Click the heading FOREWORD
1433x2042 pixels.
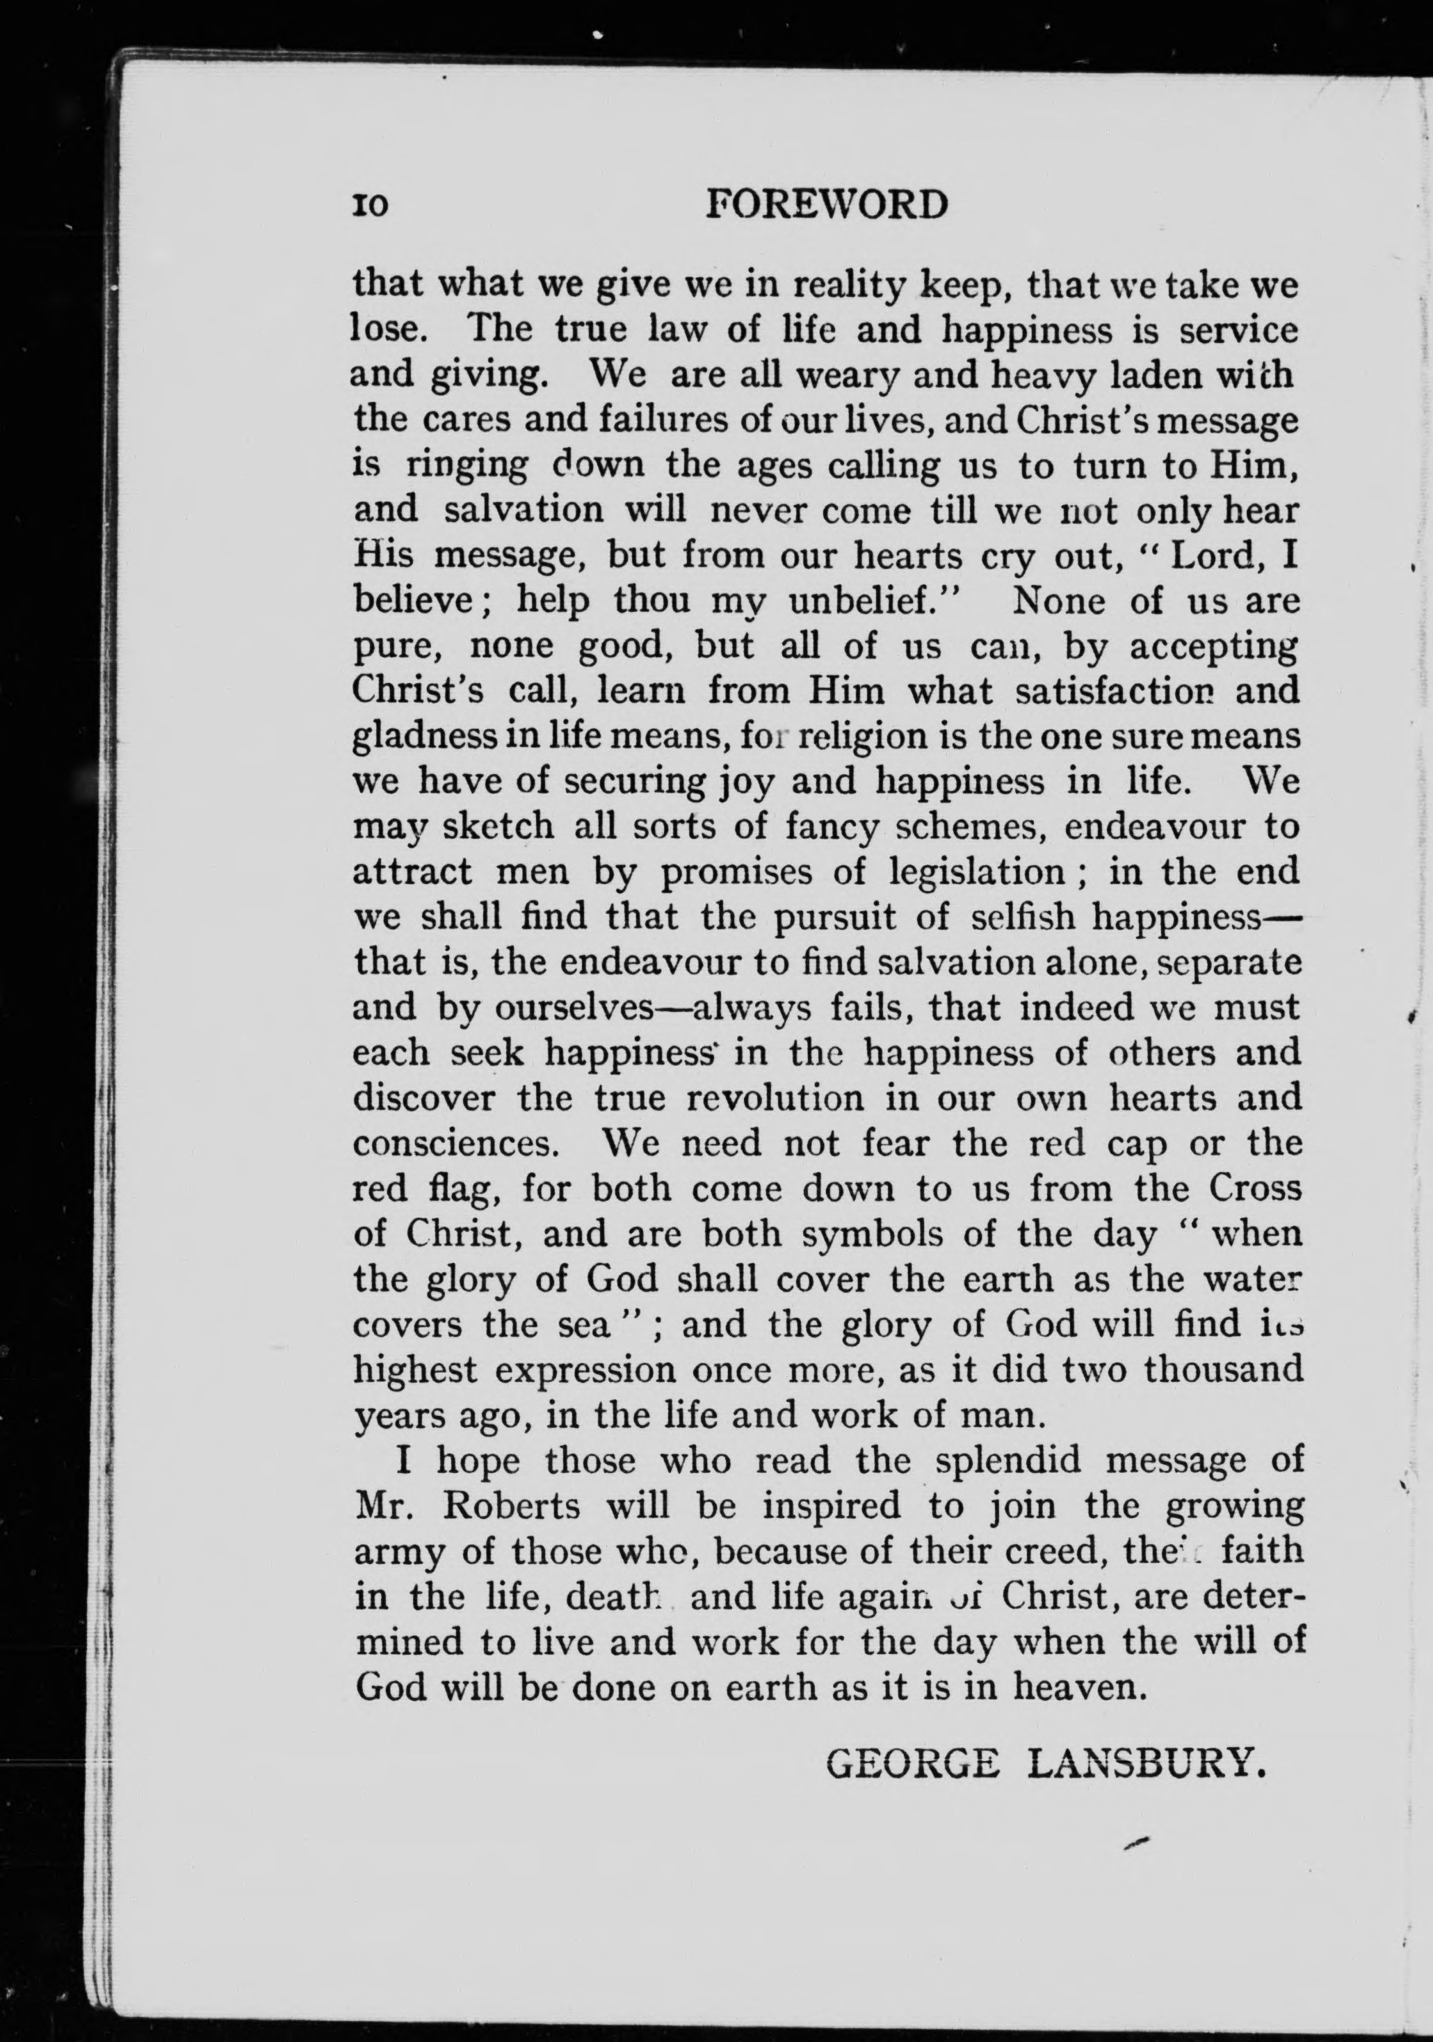pyautogui.click(x=827, y=205)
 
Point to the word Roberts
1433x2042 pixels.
pyautogui.click(x=510, y=1507)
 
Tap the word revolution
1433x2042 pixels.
pyautogui.click(x=775, y=1098)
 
